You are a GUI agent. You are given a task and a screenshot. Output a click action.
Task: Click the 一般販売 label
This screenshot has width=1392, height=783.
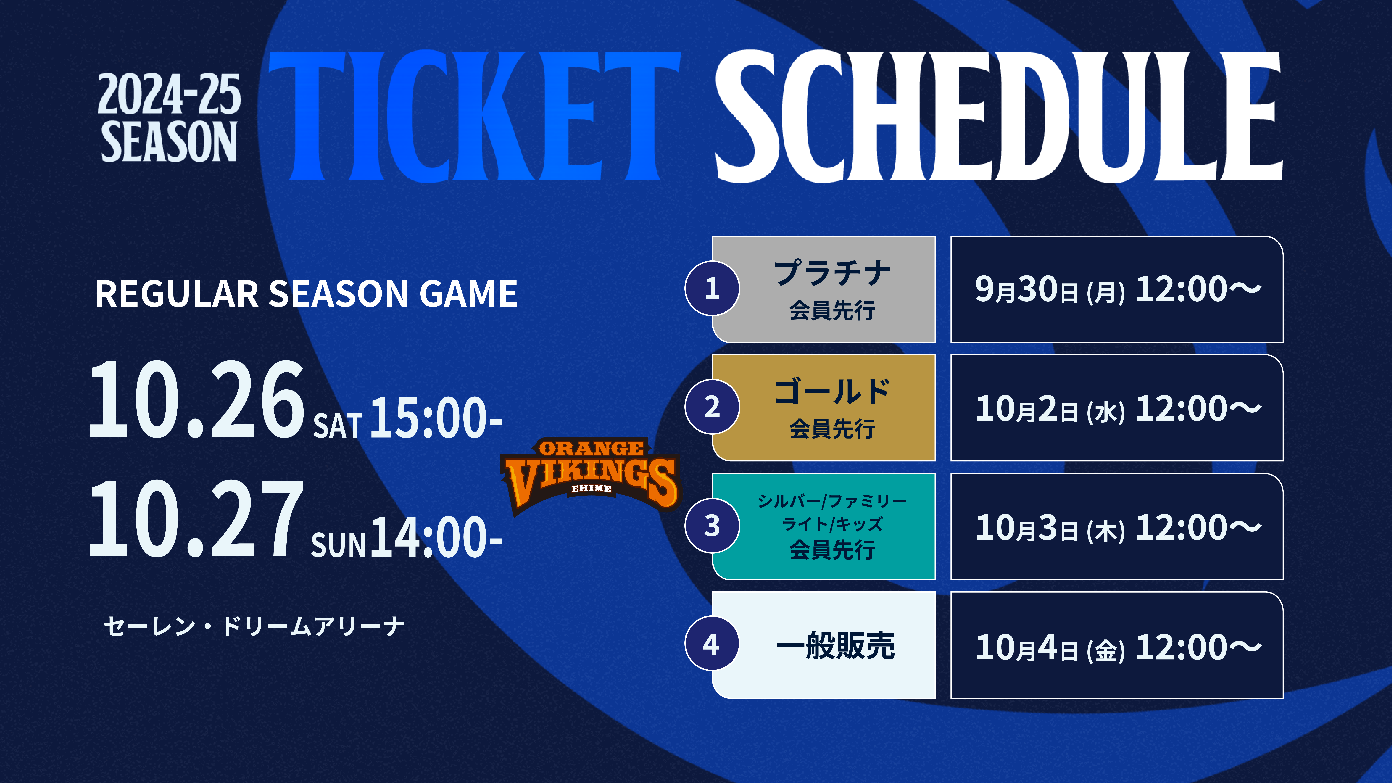pos(835,645)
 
